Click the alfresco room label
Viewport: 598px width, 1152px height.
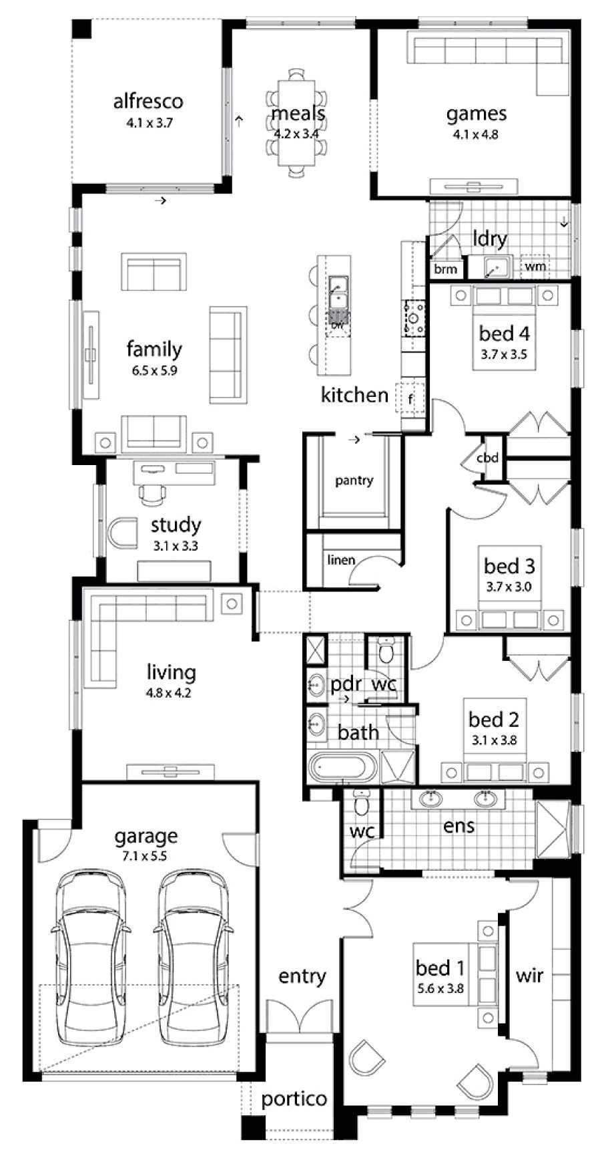[x=147, y=102]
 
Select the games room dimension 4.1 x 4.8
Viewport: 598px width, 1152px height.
[x=476, y=134]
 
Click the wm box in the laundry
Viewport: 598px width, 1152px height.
[x=535, y=266]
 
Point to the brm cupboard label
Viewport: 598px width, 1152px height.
[x=445, y=269]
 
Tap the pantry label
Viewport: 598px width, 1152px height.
[x=354, y=480]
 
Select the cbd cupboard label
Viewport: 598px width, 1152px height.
[x=487, y=458]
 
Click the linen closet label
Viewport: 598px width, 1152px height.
[x=340, y=560]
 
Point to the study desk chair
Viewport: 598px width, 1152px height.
[x=152, y=492]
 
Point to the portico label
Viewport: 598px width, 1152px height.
[x=294, y=1099]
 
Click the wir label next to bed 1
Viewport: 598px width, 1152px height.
[x=529, y=976]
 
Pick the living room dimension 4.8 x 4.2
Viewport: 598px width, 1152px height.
[x=168, y=693]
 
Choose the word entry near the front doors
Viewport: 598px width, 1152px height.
[x=302, y=976]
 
